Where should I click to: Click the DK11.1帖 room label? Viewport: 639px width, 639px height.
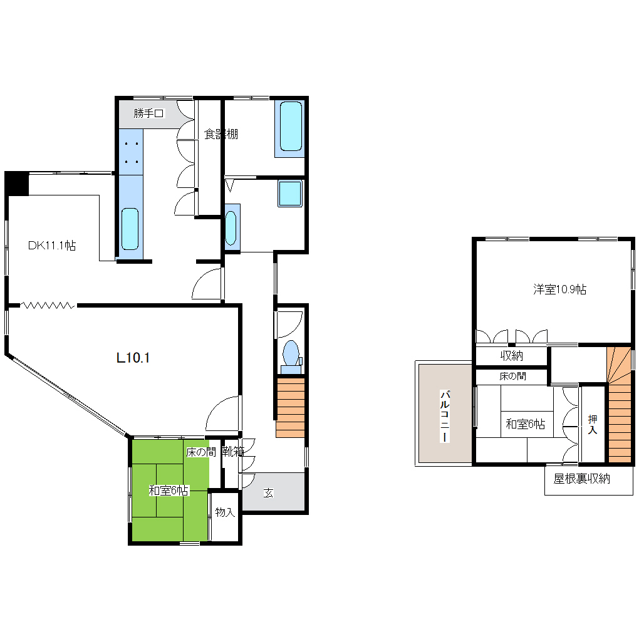52,246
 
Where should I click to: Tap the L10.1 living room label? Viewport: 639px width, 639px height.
133,358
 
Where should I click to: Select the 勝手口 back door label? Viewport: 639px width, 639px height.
148,113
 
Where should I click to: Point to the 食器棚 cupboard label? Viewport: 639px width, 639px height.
221,134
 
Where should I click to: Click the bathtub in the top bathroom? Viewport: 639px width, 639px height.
291,127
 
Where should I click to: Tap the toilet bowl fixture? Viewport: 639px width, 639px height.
291,353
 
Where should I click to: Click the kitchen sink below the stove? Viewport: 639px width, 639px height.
130,229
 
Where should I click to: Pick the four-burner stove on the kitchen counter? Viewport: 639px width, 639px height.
131,152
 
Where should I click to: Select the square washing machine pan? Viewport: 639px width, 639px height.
290,193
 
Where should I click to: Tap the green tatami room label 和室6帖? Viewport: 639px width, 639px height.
169,491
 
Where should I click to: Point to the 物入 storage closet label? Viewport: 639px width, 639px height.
225,512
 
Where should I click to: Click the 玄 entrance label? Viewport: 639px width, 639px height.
268,493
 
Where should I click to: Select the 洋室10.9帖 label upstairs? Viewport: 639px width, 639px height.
559,289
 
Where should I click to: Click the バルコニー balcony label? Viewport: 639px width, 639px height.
445,416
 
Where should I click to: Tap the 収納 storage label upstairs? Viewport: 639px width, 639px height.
511,356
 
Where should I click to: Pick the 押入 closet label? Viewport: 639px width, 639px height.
593,424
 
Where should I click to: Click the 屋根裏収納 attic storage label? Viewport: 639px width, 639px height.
581,479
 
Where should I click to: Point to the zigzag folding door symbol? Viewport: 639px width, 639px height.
48,305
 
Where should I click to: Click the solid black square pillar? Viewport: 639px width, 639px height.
17,184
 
